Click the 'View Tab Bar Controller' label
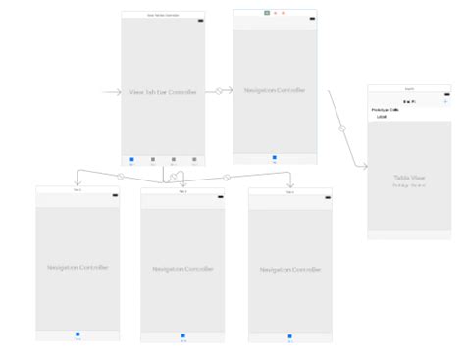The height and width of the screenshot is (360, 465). coord(163,93)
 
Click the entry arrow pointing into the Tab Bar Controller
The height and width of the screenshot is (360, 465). coord(110,93)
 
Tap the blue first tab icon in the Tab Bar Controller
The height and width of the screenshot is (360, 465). coord(131,158)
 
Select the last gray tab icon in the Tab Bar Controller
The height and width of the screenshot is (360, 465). coord(194,158)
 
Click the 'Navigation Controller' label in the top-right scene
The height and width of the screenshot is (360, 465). coord(275,91)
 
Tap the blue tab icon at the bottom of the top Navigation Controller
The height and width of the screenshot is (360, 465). coord(274,156)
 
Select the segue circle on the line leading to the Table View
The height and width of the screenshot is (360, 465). coord(342,129)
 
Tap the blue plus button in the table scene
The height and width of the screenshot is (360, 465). coord(445,101)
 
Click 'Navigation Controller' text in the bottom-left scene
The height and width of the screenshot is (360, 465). coord(77,267)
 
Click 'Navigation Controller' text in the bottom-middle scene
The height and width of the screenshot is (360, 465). coord(183,268)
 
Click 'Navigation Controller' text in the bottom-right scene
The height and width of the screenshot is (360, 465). coord(290,269)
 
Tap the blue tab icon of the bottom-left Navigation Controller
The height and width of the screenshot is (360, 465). coord(77,335)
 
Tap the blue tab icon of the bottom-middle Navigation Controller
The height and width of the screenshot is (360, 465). coord(183,336)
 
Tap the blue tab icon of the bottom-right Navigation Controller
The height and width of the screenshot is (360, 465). coord(290,339)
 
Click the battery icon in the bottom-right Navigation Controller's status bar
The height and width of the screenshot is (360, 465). coord(325,199)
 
